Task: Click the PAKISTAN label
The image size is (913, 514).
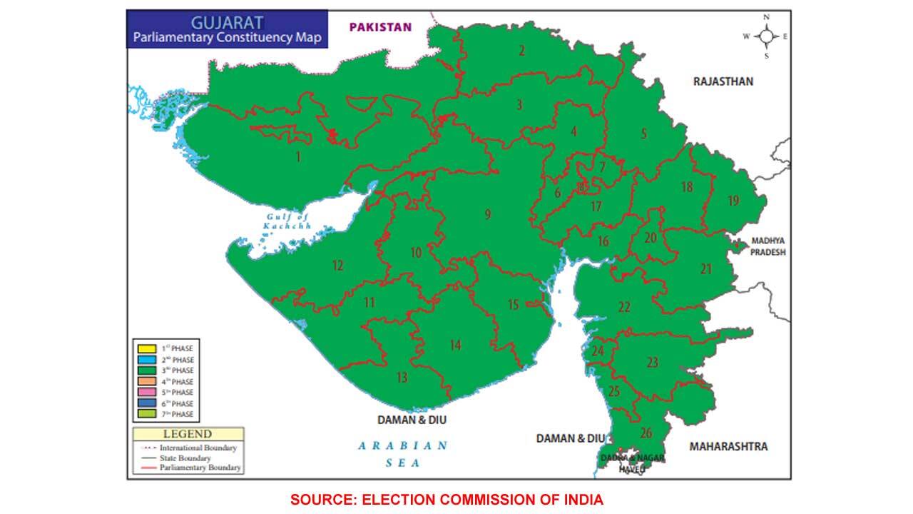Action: pyautogui.click(x=380, y=27)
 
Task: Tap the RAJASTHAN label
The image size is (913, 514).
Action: pyautogui.click(x=723, y=81)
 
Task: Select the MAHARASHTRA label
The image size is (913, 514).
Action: pyautogui.click(x=728, y=446)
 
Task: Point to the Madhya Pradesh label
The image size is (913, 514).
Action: pyautogui.click(x=767, y=246)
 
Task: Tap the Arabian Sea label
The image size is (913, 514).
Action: pyautogui.click(x=403, y=454)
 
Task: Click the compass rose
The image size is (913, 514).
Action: pyautogui.click(x=766, y=36)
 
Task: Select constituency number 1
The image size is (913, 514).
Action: pyautogui.click(x=298, y=156)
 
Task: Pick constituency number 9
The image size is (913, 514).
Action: pyautogui.click(x=488, y=214)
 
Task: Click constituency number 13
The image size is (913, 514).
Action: pyautogui.click(x=402, y=378)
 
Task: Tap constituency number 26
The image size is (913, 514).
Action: pyautogui.click(x=646, y=432)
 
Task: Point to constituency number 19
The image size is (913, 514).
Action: pyautogui.click(x=733, y=201)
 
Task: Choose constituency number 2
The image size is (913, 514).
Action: pyautogui.click(x=522, y=50)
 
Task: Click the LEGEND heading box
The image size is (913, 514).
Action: pyautogui.click(x=188, y=434)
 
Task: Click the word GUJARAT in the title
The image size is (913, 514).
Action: pyautogui.click(x=227, y=22)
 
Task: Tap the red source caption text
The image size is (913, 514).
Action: pyautogui.click(x=447, y=500)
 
